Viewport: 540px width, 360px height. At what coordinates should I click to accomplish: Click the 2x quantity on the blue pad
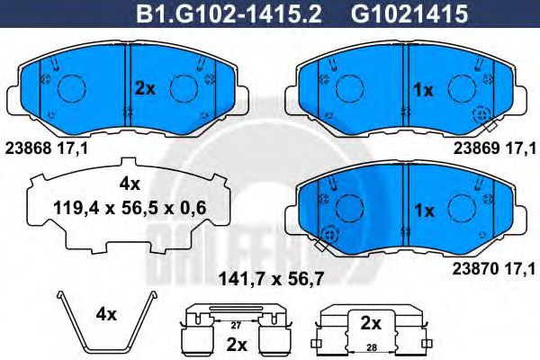146,88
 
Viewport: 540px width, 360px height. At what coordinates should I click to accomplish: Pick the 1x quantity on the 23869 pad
423,90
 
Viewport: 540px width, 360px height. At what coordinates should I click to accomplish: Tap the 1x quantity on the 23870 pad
423,210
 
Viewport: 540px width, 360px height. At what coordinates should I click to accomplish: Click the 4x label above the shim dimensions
130,184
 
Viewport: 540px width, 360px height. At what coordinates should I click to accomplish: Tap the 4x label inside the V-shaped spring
106,314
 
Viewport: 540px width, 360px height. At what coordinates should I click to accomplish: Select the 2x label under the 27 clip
236,344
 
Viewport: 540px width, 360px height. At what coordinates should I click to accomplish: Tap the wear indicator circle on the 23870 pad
327,234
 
